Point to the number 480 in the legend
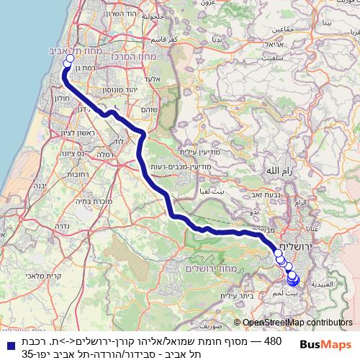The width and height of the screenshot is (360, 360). coord(274,339)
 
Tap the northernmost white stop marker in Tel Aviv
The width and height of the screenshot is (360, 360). coord(68,60)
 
